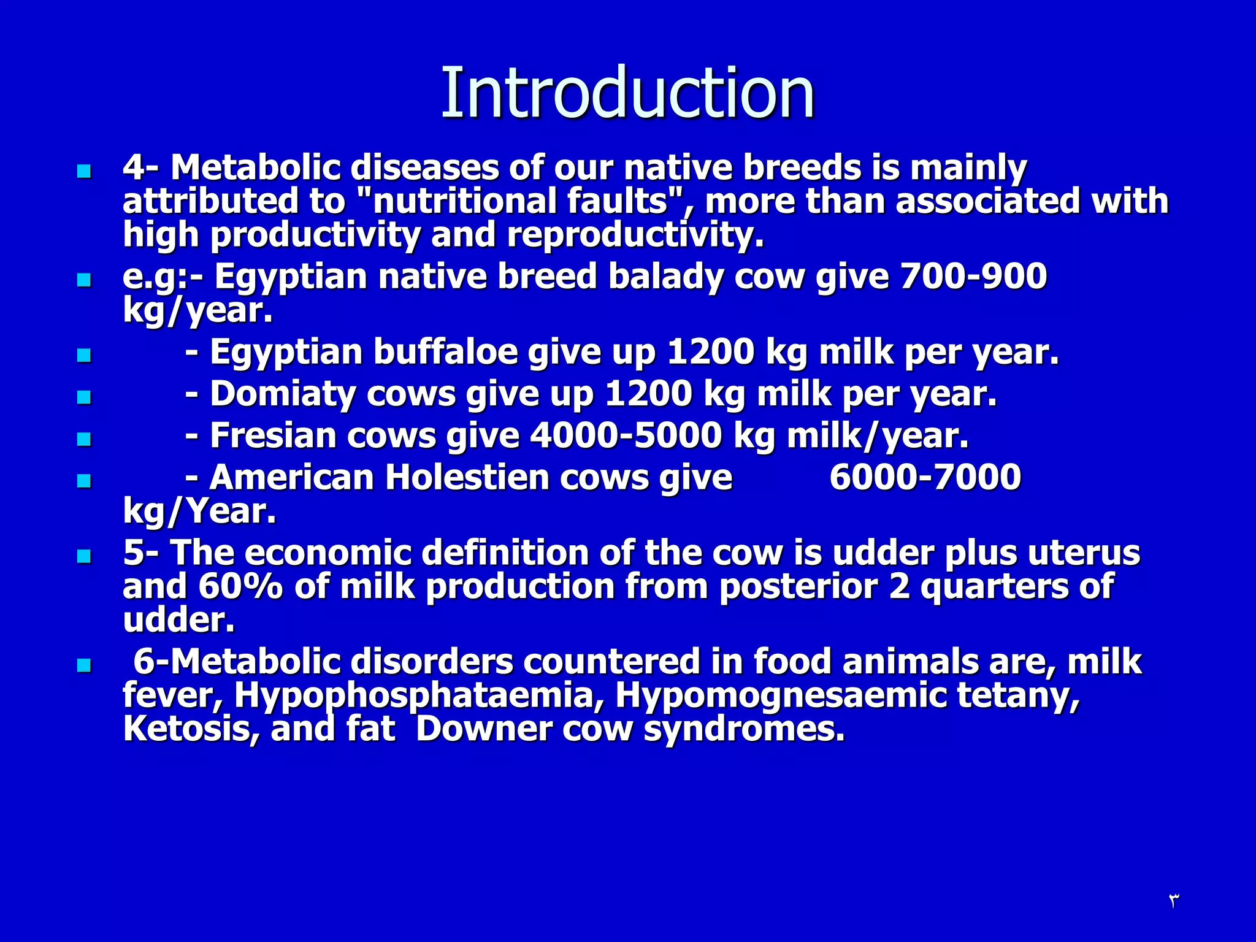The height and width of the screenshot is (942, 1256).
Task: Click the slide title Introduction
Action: tap(627, 93)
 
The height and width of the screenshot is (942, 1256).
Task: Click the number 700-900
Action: tap(973, 276)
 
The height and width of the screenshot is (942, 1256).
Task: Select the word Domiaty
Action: tap(282, 394)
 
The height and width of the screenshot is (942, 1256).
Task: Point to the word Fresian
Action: tap(273, 435)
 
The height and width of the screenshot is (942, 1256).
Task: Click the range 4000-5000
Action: tap(626, 435)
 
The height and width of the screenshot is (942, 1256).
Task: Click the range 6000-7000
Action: tap(925, 477)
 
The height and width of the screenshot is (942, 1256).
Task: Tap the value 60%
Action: tap(240, 586)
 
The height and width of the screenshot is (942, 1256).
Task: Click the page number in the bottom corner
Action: tap(1173, 900)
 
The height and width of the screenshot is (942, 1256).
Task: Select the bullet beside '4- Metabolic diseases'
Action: tap(84, 171)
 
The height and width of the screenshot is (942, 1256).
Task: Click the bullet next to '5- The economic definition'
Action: tap(84, 556)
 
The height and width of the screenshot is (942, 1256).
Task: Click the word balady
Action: tap(665, 276)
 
